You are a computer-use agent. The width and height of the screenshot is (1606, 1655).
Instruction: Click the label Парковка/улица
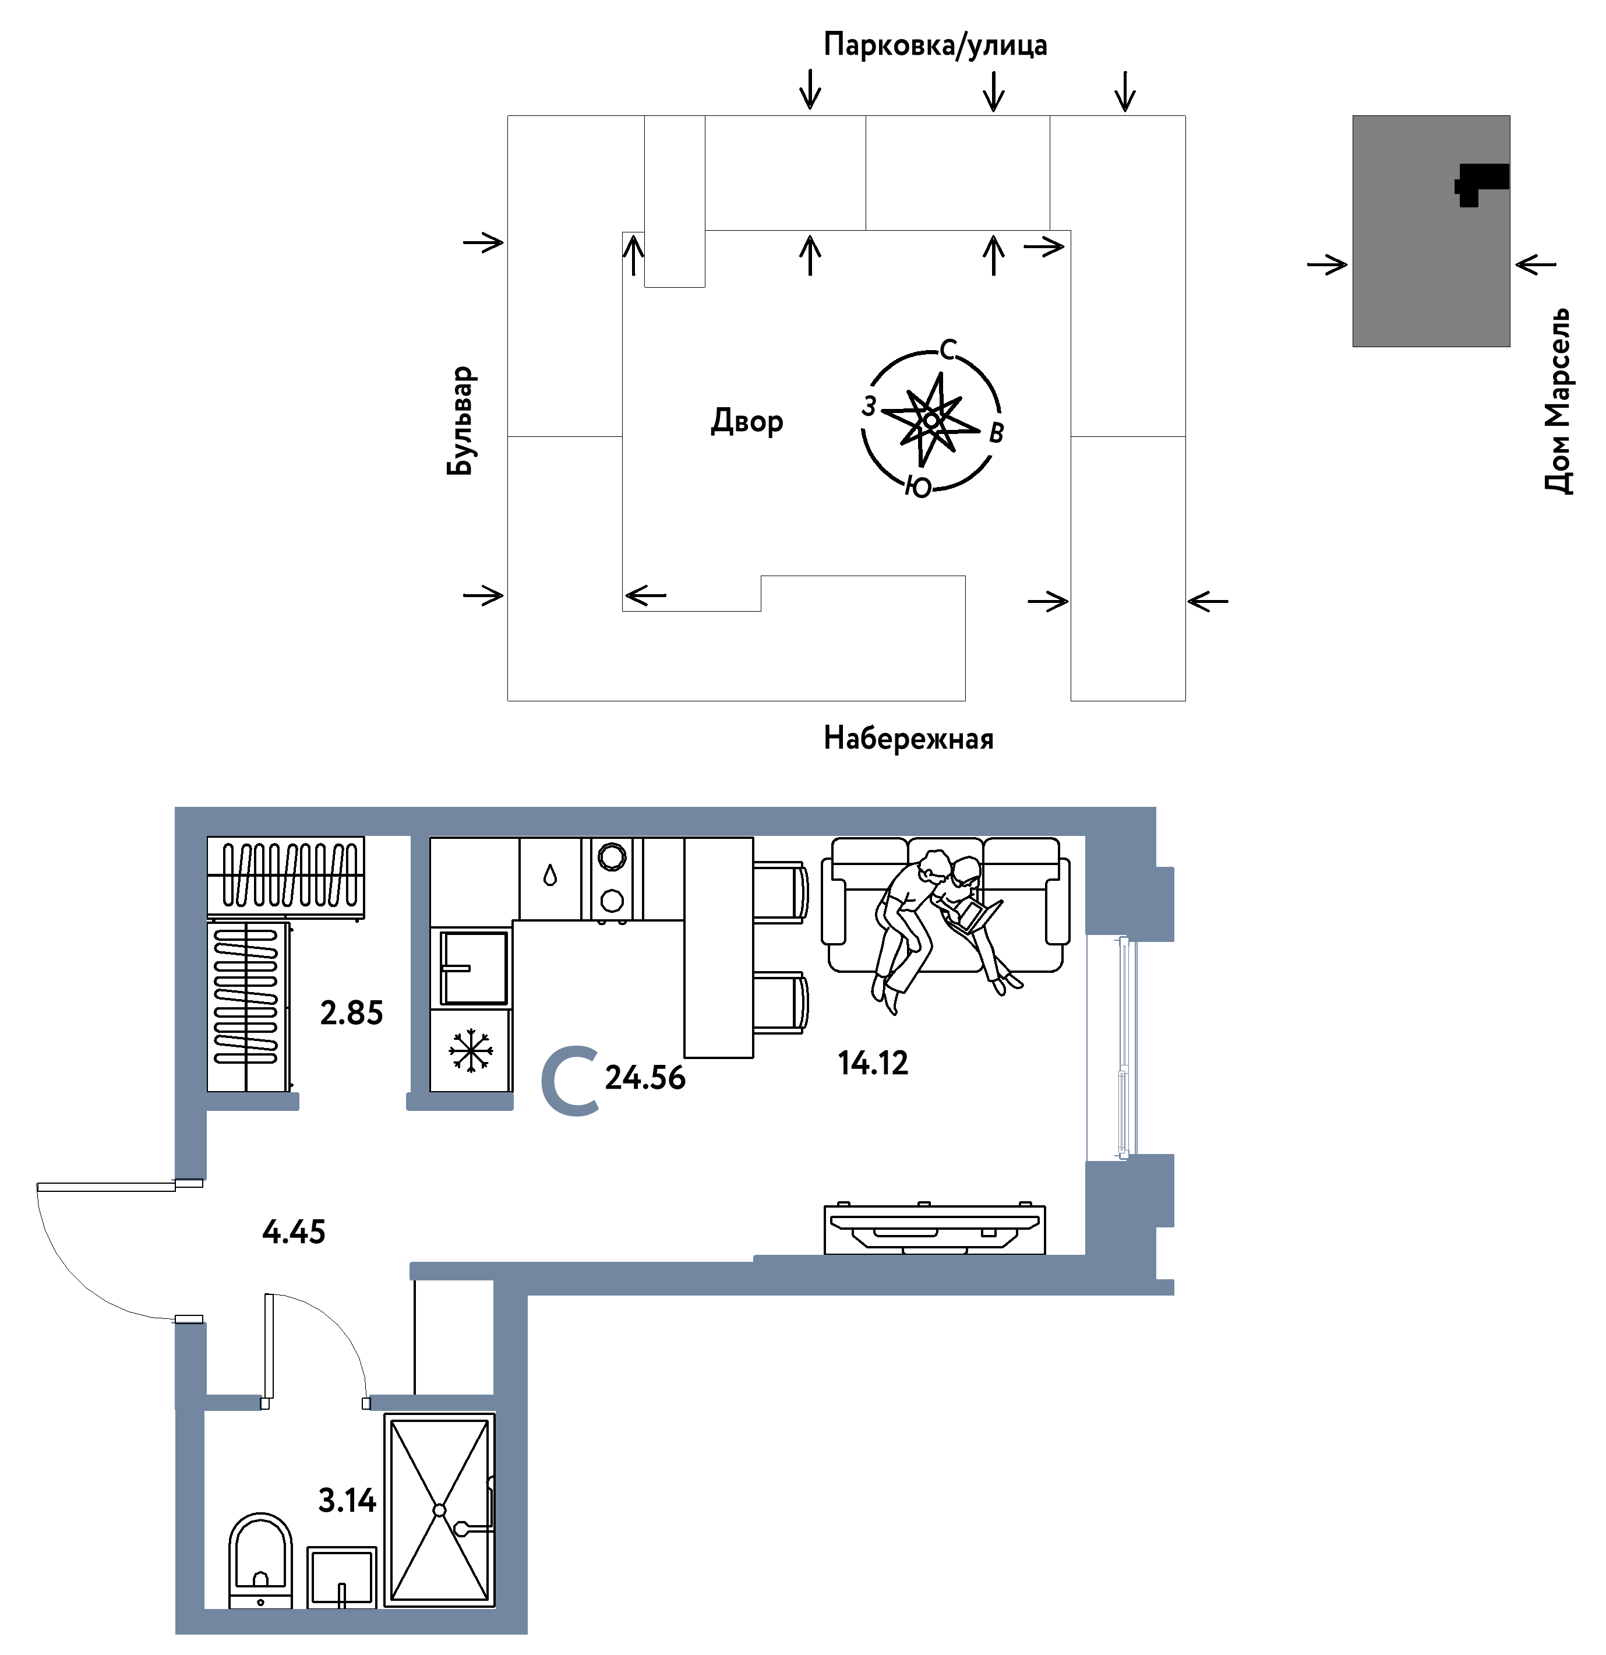(x=935, y=45)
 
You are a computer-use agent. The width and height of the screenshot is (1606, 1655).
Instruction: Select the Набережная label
(x=909, y=738)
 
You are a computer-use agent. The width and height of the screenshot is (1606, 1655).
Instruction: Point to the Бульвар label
(x=461, y=421)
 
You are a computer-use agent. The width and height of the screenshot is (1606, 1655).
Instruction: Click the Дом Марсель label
(x=1558, y=400)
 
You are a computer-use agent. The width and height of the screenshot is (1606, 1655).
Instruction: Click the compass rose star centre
(x=930, y=419)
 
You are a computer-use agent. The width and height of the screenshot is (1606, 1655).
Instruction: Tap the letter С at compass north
(x=948, y=350)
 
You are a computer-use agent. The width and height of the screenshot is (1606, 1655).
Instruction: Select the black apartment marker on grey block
(x=1480, y=184)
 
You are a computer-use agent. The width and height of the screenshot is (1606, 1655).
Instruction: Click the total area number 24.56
(x=645, y=1078)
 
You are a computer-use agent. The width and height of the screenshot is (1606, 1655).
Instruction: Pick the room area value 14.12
(x=873, y=1062)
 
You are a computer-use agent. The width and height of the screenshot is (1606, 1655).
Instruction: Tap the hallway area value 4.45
(x=294, y=1232)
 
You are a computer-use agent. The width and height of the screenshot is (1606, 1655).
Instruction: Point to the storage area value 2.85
(x=351, y=1012)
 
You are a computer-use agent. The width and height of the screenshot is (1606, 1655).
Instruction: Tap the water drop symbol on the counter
(x=550, y=876)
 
